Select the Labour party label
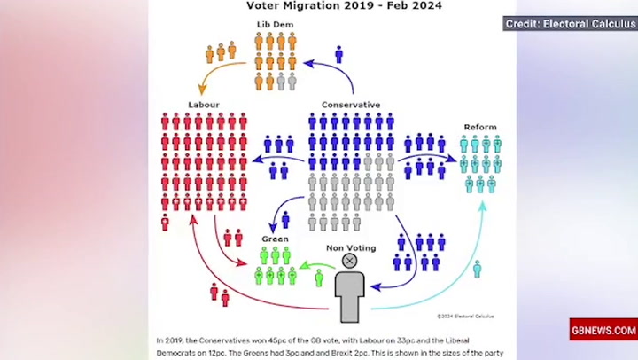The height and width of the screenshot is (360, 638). [x=203, y=105]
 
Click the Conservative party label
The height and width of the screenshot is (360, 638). [x=350, y=105]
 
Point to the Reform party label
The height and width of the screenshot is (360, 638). [x=480, y=128]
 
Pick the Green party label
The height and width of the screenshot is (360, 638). [x=275, y=239]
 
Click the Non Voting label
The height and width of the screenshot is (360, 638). [x=350, y=247]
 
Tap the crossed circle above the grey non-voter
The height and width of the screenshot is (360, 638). [x=350, y=261]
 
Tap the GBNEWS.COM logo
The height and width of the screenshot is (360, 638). [x=603, y=330]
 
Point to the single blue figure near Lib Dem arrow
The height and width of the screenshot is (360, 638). [x=338, y=55]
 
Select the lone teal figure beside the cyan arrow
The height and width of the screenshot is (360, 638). [x=477, y=269]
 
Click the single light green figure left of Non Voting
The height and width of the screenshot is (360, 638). [x=319, y=278]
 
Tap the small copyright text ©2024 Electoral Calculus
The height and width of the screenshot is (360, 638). [x=465, y=316]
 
